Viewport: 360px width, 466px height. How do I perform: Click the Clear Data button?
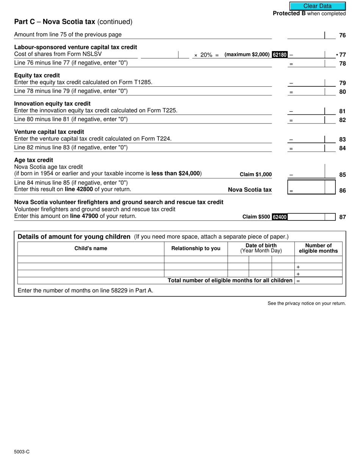pos(317,6)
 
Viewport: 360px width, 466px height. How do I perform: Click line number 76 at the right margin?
pos(342,35)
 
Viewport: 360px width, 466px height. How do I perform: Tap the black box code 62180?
pos(280,55)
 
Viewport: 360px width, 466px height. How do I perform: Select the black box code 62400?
pos(280,217)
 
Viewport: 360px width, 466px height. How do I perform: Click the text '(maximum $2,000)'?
pos(247,55)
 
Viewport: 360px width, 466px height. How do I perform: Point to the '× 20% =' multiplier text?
pos(207,55)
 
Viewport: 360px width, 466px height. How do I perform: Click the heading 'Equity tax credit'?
pos(37,75)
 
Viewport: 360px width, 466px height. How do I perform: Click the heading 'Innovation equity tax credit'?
pos(52,103)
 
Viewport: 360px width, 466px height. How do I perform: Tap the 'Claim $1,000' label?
pos(256,175)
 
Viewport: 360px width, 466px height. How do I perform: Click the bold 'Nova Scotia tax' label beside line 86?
pos(250,190)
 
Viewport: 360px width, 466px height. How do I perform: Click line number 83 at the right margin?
pos(342,139)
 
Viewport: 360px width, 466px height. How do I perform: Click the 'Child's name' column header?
pos(91,249)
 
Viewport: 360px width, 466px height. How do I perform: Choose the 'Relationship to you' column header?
pos(196,249)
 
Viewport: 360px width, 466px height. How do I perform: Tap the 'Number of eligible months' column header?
pos(318,248)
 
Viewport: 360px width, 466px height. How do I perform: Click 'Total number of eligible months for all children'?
pos(230,281)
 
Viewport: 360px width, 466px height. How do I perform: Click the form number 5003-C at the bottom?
pos(22,452)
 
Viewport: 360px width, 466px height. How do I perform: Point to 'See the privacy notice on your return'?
pos(307,303)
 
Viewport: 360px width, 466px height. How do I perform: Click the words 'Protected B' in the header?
pos(289,14)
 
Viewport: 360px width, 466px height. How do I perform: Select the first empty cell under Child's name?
pos(91,260)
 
